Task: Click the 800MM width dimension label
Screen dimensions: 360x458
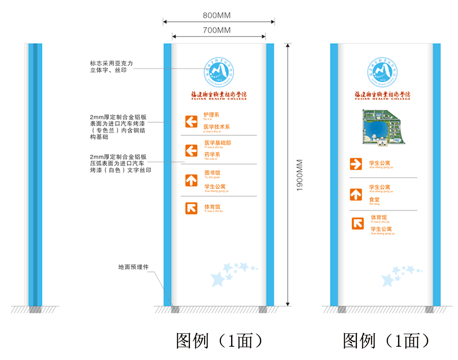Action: [217, 15]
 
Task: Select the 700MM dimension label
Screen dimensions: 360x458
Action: [217, 30]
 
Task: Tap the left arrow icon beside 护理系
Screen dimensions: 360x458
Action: [191, 121]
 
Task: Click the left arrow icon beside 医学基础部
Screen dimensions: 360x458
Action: [191, 150]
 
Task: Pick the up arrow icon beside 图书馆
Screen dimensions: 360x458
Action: [191, 180]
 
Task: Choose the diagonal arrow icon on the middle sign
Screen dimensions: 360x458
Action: [191, 208]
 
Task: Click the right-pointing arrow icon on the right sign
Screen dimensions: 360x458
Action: [356, 164]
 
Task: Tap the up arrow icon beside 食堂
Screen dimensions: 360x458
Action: [356, 194]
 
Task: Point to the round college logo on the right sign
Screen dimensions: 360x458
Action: [382, 71]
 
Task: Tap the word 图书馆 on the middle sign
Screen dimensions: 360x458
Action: [212, 173]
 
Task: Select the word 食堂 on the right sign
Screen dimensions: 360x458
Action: [374, 199]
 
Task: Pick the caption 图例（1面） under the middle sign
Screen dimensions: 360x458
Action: [219, 341]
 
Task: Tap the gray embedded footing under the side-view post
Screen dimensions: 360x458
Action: [35, 310]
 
